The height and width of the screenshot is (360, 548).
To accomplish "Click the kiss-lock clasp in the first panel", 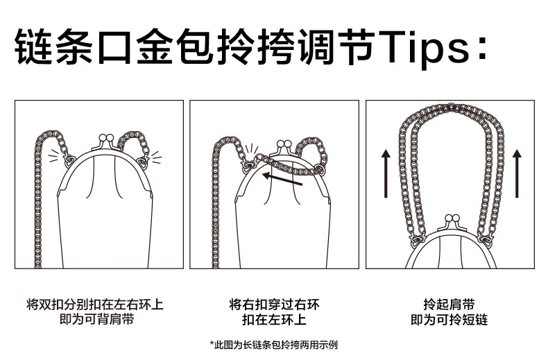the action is pyautogui.click(x=106, y=142).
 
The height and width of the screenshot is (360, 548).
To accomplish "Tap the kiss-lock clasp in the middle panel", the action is pyautogui.click(x=284, y=148).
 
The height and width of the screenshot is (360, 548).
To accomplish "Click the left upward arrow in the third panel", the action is pyautogui.click(x=386, y=173).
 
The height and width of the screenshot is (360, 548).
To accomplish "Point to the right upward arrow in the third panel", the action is pyautogui.click(x=517, y=173).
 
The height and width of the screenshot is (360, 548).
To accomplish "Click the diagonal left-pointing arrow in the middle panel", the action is pyautogui.click(x=282, y=178).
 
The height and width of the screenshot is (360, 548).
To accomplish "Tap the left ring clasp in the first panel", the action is pyautogui.click(x=69, y=160).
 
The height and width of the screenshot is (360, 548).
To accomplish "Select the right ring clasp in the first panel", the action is pyautogui.click(x=144, y=162).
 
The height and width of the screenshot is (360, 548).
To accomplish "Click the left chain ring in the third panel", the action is pyautogui.click(x=417, y=240).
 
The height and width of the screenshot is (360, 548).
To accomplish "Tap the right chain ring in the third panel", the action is pyautogui.click(x=485, y=240).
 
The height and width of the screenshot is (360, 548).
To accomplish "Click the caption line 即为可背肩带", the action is pyautogui.click(x=97, y=319).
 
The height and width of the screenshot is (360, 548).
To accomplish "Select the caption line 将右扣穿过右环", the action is pyautogui.click(x=275, y=305).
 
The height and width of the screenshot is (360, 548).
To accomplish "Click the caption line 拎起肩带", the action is pyautogui.click(x=449, y=305).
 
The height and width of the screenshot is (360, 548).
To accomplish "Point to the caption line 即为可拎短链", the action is pyautogui.click(x=449, y=320).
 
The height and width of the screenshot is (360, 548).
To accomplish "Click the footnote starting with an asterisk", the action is pyautogui.click(x=273, y=345).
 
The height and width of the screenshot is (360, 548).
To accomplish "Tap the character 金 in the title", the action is pyautogui.click(x=154, y=47).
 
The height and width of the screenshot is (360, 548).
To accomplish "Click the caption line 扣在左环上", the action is pyautogui.click(x=275, y=320).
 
